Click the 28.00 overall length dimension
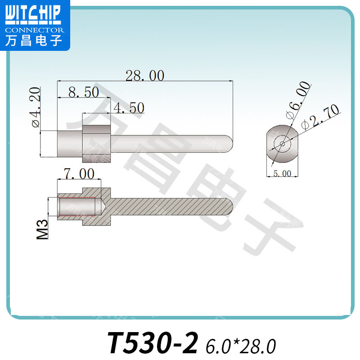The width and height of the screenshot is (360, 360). pyautogui.click(x=144, y=76)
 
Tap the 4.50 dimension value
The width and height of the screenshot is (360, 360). pyautogui.click(x=128, y=108)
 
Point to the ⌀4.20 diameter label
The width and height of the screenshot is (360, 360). pyautogui.click(x=36, y=108)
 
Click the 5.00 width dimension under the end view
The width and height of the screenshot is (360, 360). pyautogui.click(x=282, y=173)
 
